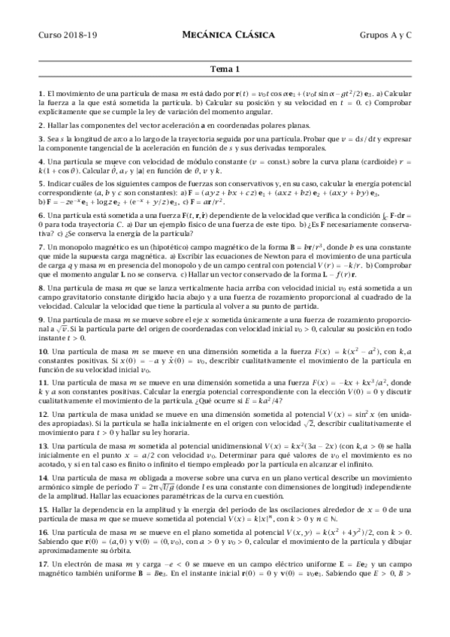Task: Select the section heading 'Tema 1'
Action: (x=225, y=70)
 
